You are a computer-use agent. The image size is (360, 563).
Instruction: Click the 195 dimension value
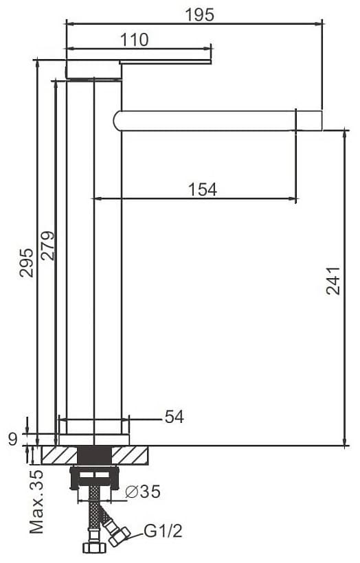(200, 15)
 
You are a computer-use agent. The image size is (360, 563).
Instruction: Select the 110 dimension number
(134, 40)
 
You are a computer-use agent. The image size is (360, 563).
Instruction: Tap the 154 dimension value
(203, 189)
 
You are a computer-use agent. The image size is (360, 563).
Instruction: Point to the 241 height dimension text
(333, 280)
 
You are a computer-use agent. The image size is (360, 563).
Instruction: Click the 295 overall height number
(26, 262)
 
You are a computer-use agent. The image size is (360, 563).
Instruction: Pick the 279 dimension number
(48, 246)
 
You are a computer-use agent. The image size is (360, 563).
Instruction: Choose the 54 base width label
(175, 417)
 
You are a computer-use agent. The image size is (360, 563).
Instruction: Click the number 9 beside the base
(13, 439)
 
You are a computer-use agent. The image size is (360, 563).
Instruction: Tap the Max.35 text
(36, 501)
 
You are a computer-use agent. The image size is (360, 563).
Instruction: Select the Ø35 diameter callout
(143, 492)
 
